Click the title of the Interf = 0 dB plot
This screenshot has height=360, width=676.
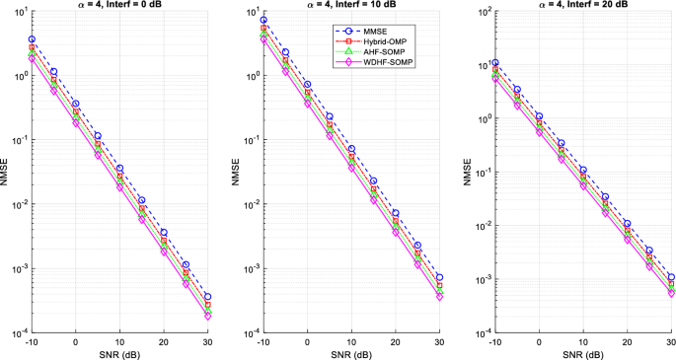118,6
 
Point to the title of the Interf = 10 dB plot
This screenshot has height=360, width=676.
350,6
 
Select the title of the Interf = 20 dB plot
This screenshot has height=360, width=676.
582,6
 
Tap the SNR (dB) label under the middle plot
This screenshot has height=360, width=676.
350,354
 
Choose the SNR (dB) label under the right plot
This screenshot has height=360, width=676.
582,354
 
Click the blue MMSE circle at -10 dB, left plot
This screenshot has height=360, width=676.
32,39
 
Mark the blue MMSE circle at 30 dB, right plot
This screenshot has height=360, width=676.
671,277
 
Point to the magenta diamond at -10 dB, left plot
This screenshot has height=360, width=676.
32,59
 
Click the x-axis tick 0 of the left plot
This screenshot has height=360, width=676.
75,341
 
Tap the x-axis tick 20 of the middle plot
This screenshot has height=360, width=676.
395,341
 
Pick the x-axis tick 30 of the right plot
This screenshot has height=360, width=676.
671,341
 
